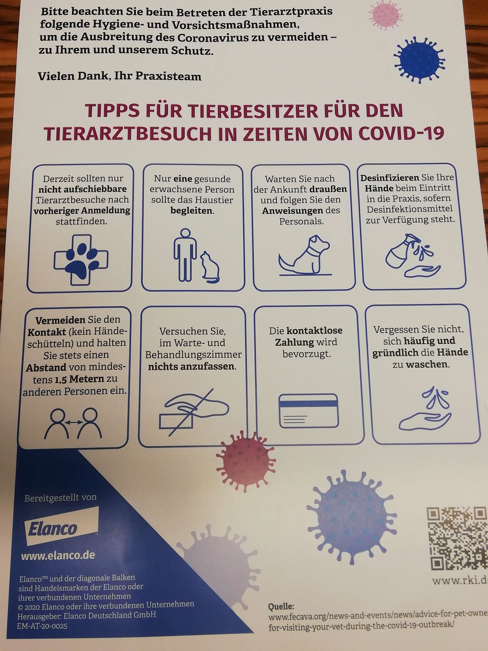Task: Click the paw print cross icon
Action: (81, 260)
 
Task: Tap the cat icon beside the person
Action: (210, 267)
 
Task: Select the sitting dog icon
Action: (305, 256)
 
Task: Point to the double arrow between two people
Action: (74, 422)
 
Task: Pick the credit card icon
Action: (309, 411)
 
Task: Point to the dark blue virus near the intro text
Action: (418, 60)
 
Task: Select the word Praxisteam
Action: (168, 76)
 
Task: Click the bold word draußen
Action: (328, 189)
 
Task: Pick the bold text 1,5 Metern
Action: (79, 379)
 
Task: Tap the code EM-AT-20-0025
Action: (42, 626)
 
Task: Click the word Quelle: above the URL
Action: (281, 606)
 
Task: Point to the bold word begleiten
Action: (192, 211)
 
